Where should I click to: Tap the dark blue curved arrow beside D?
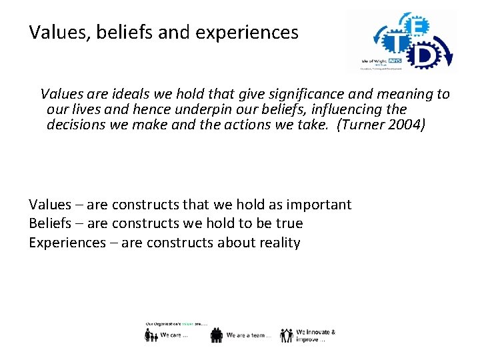pyautogui.click(x=448, y=53)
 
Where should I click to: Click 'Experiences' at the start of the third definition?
pyautogui.click(x=67, y=243)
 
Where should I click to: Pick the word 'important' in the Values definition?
pyautogui.click(x=320, y=205)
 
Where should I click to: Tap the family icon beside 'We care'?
pyautogui.click(x=151, y=335)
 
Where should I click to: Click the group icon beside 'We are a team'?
pyautogui.click(x=217, y=335)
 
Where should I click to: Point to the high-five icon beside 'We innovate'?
pyautogui.click(x=287, y=335)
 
